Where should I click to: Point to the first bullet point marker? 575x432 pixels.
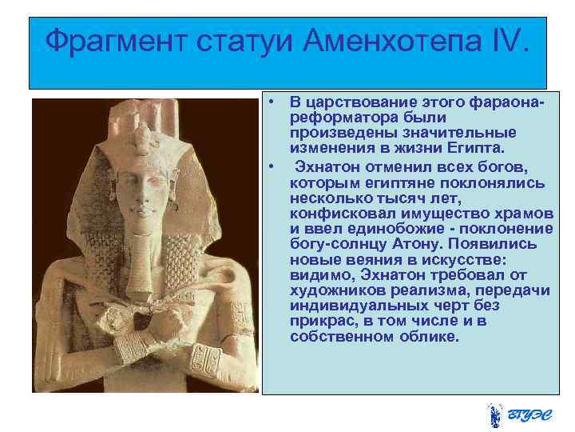click(x=272, y=102)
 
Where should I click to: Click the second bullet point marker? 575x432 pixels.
click(x=272, y=166)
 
